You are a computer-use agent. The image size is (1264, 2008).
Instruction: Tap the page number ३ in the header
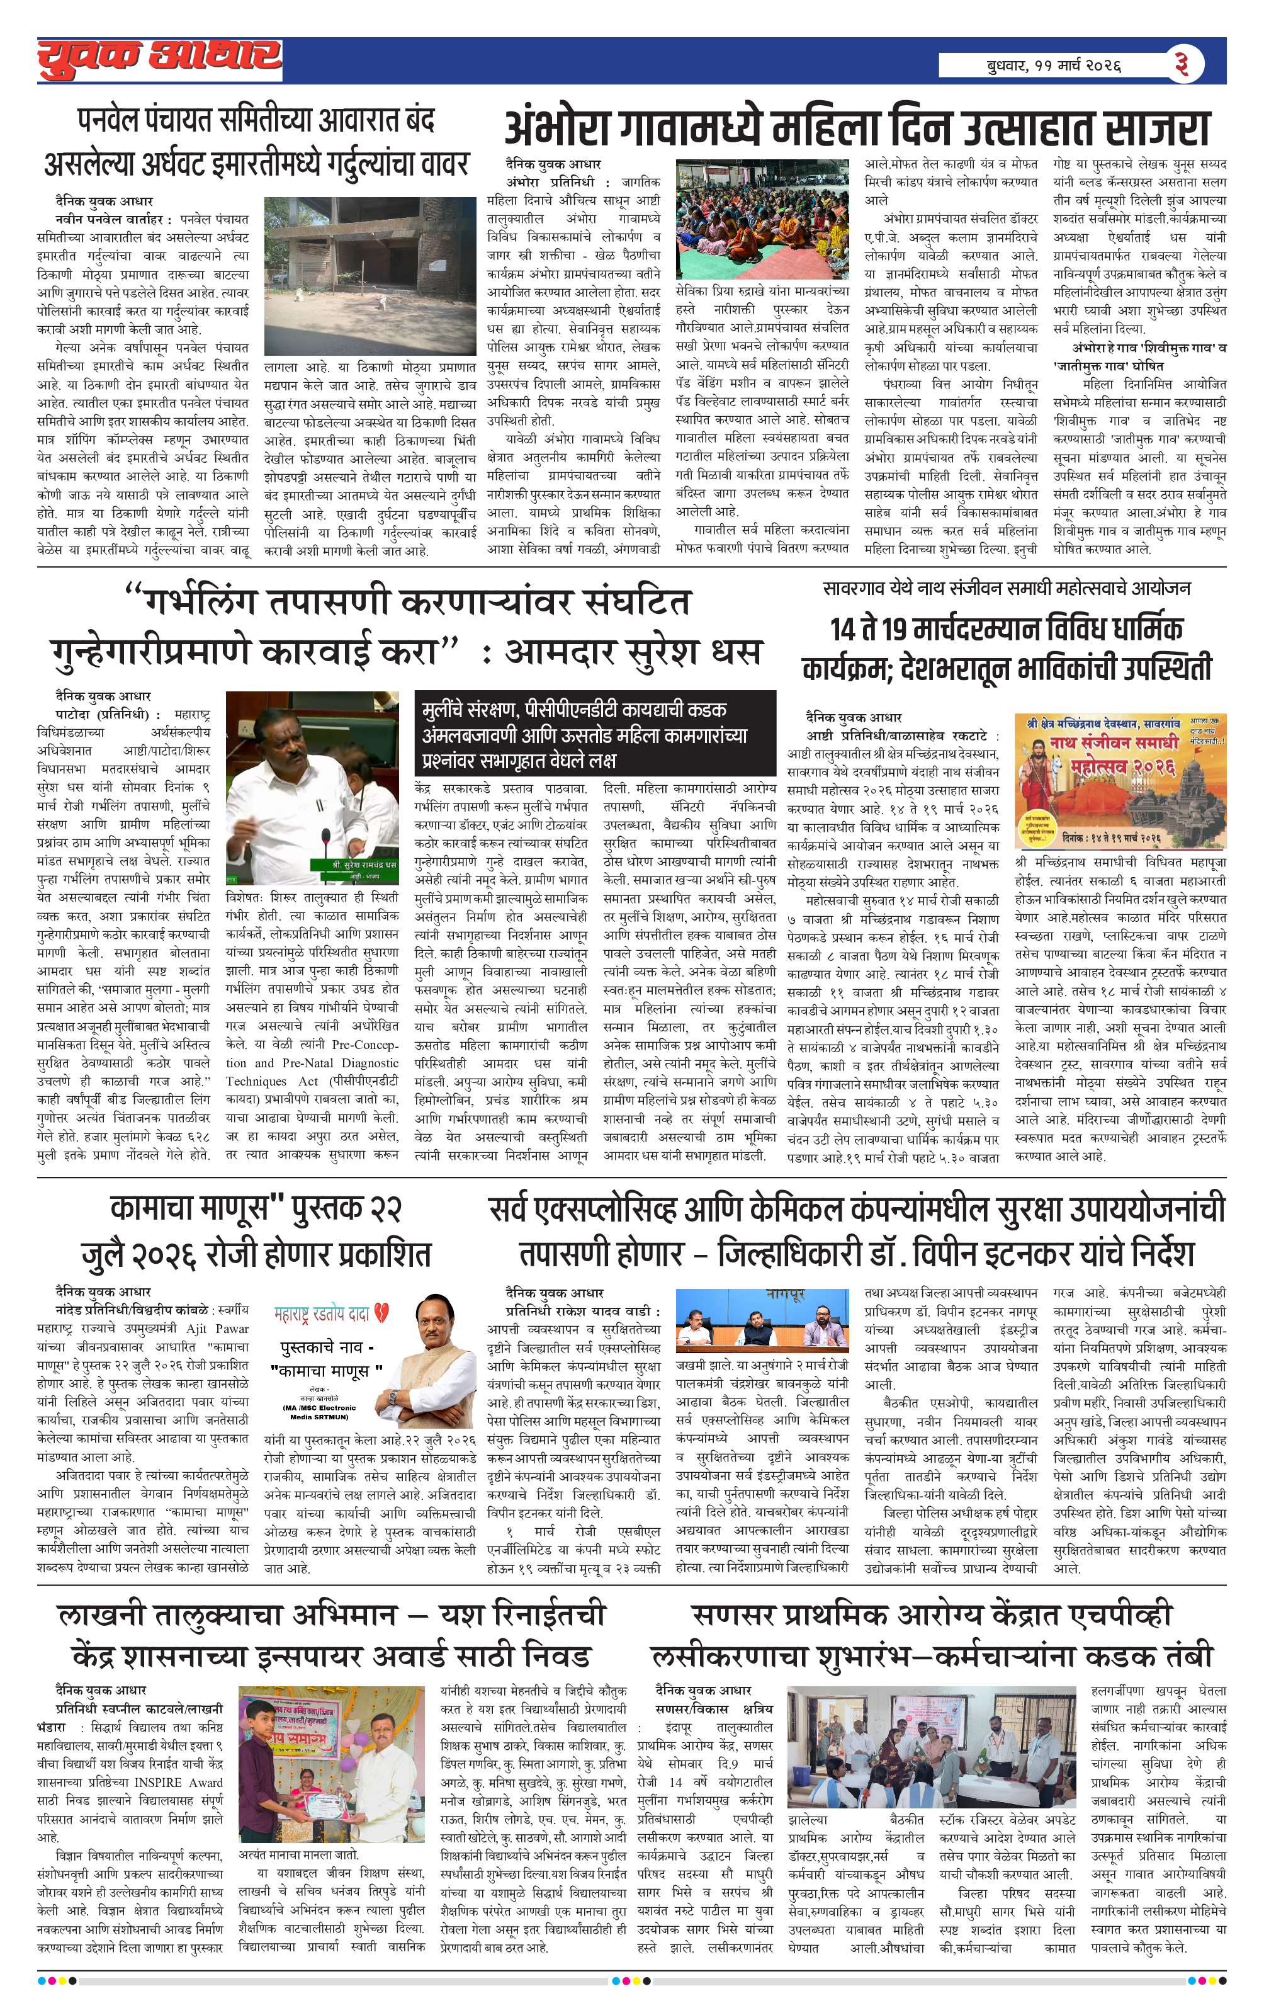(x=1181, y=64)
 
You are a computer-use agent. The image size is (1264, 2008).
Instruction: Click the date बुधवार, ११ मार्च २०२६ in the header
(x=1053, y=65)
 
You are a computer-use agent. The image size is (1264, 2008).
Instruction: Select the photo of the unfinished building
(x=370, y=276)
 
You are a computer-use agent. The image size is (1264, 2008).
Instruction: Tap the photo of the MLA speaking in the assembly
(x=313, y=786)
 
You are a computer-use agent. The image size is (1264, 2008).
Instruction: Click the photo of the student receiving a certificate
(x=332, y=1763)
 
